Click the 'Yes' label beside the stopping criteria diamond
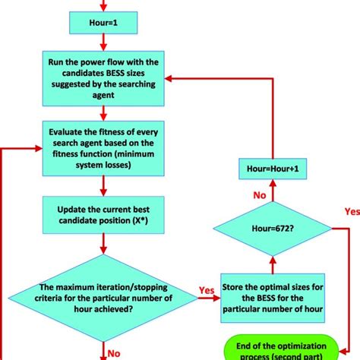206,290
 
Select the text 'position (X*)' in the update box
127,222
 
